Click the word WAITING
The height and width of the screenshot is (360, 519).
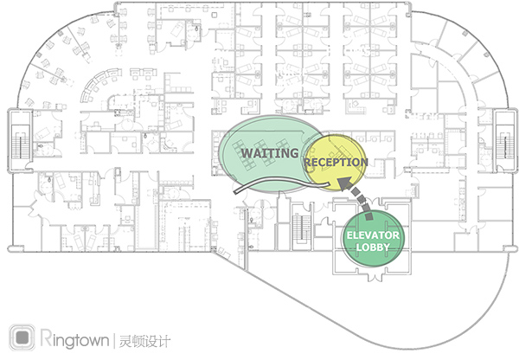click(270, 153)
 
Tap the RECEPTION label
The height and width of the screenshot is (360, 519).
click(336, 163)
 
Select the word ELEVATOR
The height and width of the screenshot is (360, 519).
click(373, 235)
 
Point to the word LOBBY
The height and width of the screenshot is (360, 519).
click(373, 247)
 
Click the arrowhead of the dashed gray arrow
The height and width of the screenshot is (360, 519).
click(344, 182)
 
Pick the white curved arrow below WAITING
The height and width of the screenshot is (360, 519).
click(281, 183)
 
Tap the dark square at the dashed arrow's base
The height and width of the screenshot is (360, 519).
click(369, 216)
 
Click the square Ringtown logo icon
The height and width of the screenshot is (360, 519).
click(22, 337)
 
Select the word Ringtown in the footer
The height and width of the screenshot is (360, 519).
click(74, 338)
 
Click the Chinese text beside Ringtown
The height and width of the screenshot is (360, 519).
click(144, 341)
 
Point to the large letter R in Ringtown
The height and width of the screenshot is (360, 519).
click(46, 337)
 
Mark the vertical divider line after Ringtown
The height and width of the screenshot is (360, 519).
click(114, 340)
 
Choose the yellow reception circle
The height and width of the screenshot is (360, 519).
click(336, 163)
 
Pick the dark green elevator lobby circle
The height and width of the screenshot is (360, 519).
click(373, 239)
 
